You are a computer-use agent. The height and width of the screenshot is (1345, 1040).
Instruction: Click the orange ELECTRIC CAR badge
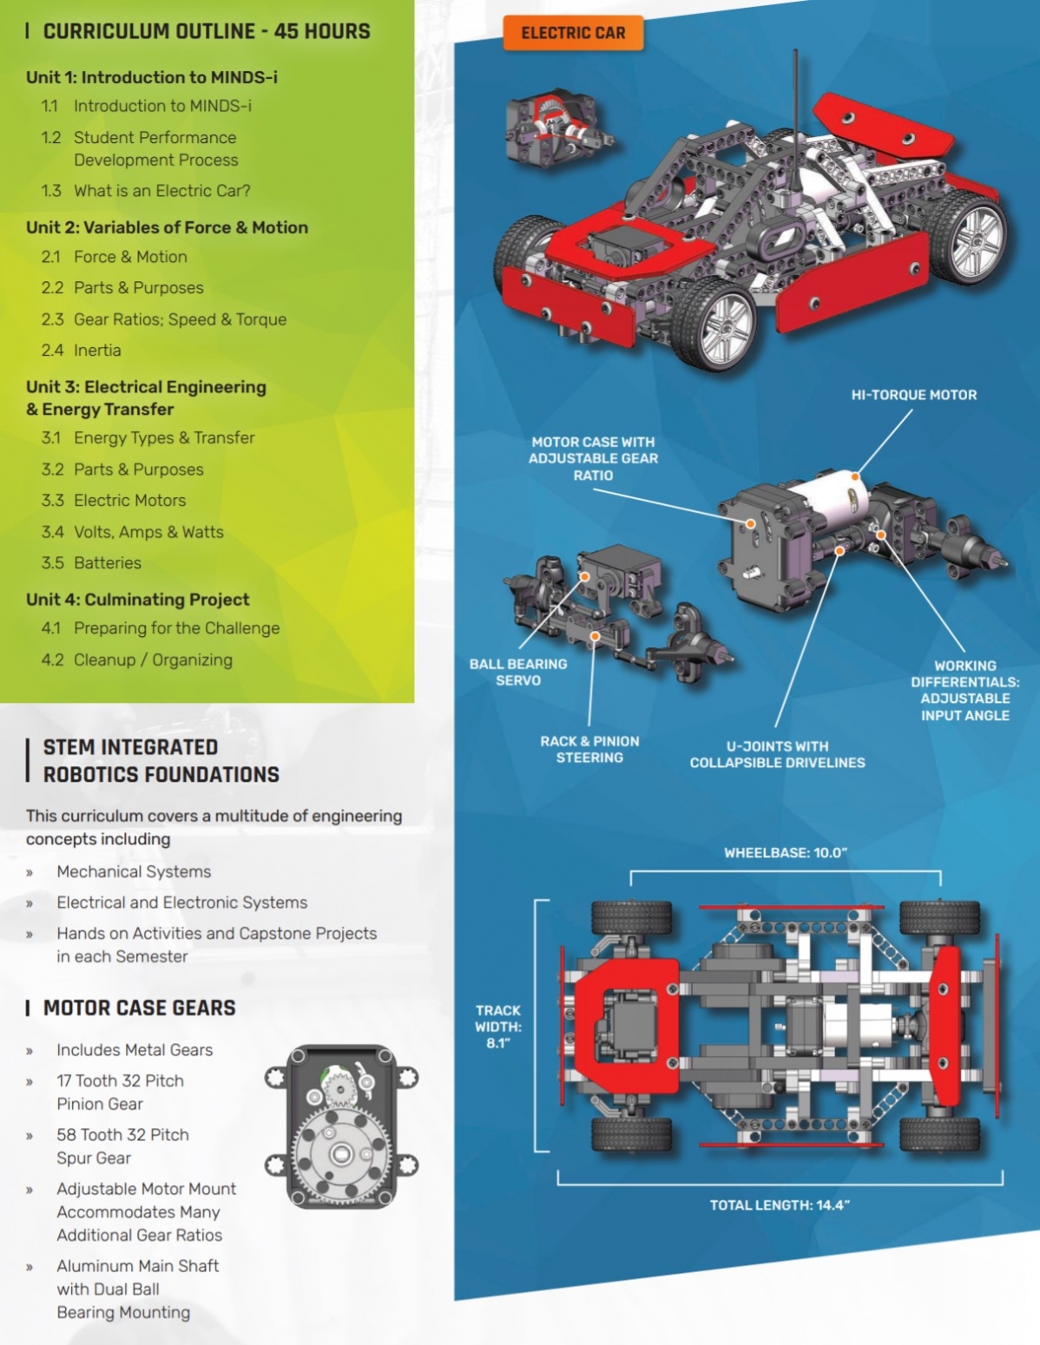tap(573, 33)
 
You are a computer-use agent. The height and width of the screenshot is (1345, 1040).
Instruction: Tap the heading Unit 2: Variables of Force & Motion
tap(168, 227)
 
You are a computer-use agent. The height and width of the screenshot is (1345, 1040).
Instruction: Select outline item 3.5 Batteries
tap(91, 562)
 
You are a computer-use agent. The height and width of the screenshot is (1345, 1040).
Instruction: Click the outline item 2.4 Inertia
tap(81, 351)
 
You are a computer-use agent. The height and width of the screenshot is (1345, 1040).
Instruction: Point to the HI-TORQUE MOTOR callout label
tap(914, 395)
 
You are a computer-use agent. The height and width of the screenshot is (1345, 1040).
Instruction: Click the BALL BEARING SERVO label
tap(518, 672)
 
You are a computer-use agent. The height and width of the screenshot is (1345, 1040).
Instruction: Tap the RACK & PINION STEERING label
tap(589, 749)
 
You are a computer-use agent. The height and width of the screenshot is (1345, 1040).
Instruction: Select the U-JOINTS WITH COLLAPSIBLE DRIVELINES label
tap(778, 755)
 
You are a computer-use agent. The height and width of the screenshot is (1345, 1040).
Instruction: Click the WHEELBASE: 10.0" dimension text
tap(786, 853)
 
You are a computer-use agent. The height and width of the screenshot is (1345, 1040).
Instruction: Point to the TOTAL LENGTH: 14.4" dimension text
tap(780, 1205)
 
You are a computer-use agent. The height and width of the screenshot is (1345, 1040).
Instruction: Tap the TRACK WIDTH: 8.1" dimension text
tap(498, 1027)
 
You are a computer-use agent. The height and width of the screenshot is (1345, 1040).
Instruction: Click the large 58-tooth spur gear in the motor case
tap(341, 1153)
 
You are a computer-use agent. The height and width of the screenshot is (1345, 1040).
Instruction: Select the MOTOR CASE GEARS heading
tap(139, 1007)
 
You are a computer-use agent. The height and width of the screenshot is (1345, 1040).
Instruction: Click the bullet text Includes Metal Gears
tap(135, 1050)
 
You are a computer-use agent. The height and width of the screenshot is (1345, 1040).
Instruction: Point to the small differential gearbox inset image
tap(560, 128)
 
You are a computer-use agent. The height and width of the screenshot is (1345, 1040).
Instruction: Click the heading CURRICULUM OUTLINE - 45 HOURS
tap(206, 31)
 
